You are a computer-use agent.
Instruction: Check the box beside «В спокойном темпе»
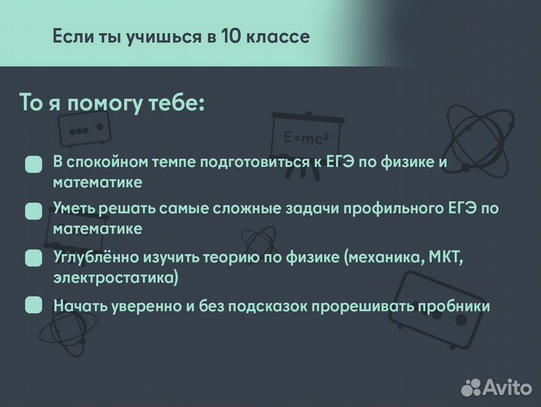[x=33, y=165]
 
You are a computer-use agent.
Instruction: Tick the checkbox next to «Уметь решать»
[x=33, y=211]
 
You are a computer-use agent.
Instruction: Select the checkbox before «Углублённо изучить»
[x=33, y=259]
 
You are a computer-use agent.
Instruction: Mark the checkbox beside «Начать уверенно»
[x=33, y=305]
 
